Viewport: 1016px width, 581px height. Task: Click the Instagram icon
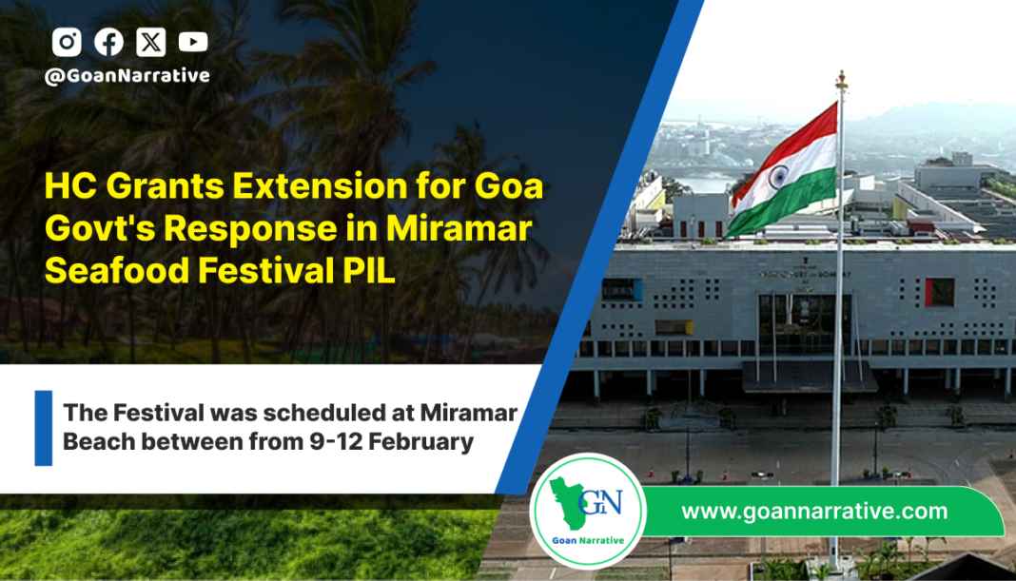67,42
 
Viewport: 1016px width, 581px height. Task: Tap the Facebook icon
108,42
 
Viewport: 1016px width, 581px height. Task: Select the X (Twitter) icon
151,42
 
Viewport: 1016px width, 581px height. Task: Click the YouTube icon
193,42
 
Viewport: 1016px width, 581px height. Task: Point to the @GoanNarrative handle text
127,76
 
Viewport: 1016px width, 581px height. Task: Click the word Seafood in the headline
116,270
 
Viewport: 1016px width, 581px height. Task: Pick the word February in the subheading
421,442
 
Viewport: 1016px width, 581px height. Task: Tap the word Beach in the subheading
98,442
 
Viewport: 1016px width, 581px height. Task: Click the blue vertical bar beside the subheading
44,428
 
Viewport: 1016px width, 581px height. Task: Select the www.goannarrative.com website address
814,511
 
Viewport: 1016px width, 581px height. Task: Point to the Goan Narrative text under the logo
588,540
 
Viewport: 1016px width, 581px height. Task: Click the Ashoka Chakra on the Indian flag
778,176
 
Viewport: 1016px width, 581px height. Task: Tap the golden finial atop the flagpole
841,80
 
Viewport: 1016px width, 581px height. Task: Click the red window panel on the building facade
939,292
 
